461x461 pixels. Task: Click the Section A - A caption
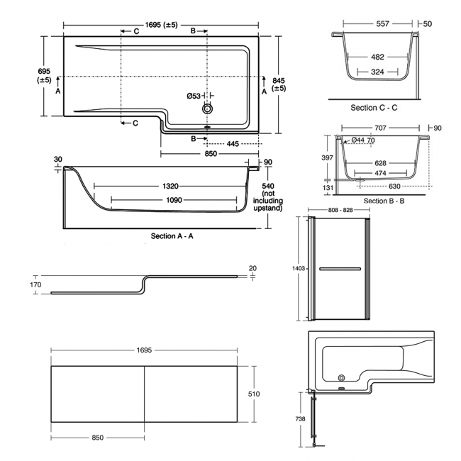pos(173,235)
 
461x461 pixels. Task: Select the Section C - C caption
pos(374,108)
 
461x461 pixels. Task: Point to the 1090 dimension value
pos(174,200)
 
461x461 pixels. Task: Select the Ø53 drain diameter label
pos(194,96)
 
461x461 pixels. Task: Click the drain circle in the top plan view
pos(208,109)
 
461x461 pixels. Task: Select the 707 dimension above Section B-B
pos(377,129)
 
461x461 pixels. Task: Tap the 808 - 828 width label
pos(338,211)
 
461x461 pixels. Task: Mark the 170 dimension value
pos(35,286)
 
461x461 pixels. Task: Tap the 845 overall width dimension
pos(278,84)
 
